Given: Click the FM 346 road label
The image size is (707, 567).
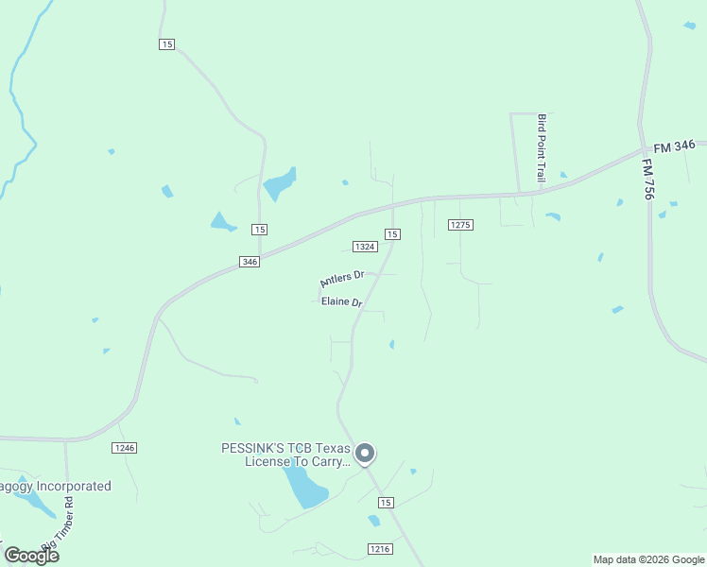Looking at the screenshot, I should pyautogui.click(x=675, y=146).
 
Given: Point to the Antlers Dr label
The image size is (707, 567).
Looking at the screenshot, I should pyautogui.click(x=341, y=279).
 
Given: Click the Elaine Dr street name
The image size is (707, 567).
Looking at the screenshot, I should pyautogui.click(x=342, y=302).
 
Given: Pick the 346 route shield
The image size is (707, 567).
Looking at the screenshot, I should pyautogui.click(x=249, y=262).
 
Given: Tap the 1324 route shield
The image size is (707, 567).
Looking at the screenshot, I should pyautogui.click(x=365, y=247).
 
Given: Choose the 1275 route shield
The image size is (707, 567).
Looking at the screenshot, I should pyautogui.click(x=460, y=225).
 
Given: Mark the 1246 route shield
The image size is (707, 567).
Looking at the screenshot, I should pyautogui.click(x=124, y=447).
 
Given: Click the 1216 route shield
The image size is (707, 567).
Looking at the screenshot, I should pyautogui.click(x=380, y=548).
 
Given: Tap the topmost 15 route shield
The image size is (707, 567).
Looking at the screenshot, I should pyautogui.click(x=167, y=44).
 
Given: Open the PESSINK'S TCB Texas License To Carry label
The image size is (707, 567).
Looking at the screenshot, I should pyautogui.click(x=285, y=455).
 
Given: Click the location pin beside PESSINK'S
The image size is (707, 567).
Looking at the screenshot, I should pyautogui.click(x=365, y=454).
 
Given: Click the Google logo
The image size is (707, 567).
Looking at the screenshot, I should pyautogui.click(x=31, y=555).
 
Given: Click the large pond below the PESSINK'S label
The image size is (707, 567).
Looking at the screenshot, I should pyautogui.click(x=304, y=487).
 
